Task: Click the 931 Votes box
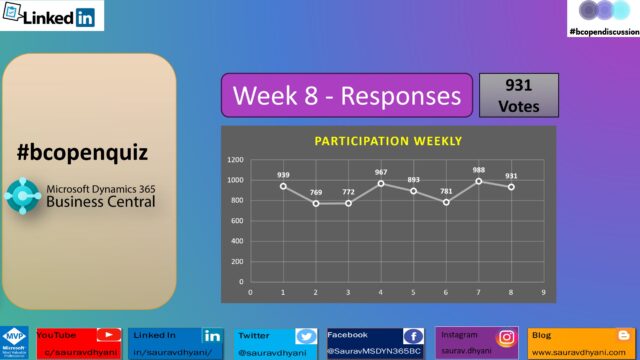click(519, 95)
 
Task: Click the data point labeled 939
click(283, 186)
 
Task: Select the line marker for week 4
click(380, 183)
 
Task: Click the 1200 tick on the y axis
click(236, 160)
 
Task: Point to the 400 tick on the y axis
click(238, 241)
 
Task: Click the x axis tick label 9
click(542, 293)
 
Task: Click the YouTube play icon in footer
click(112, 337)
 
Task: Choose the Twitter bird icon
click(306, 337)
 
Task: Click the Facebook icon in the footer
click(412, 337)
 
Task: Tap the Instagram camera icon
click(507, 337)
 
